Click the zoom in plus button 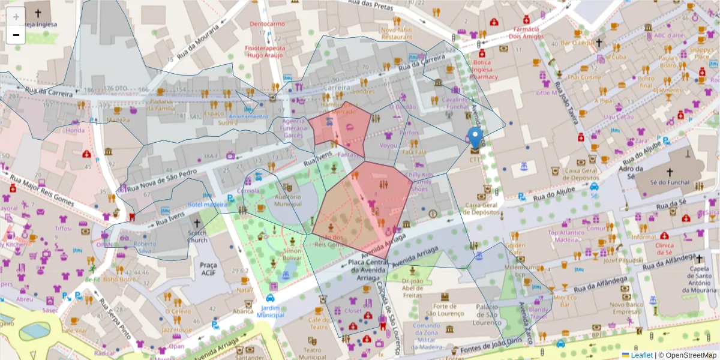[x=16, y=16]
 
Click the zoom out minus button [x=16, y=34]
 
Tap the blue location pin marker [x=475, y=138]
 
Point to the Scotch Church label [x=197, y=236]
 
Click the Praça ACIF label [x=208, y=268]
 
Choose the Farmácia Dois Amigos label [x=526, y=32]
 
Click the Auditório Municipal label [x=287, y=200]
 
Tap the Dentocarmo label [x=267, y=24]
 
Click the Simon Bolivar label [x=292, y=254]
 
